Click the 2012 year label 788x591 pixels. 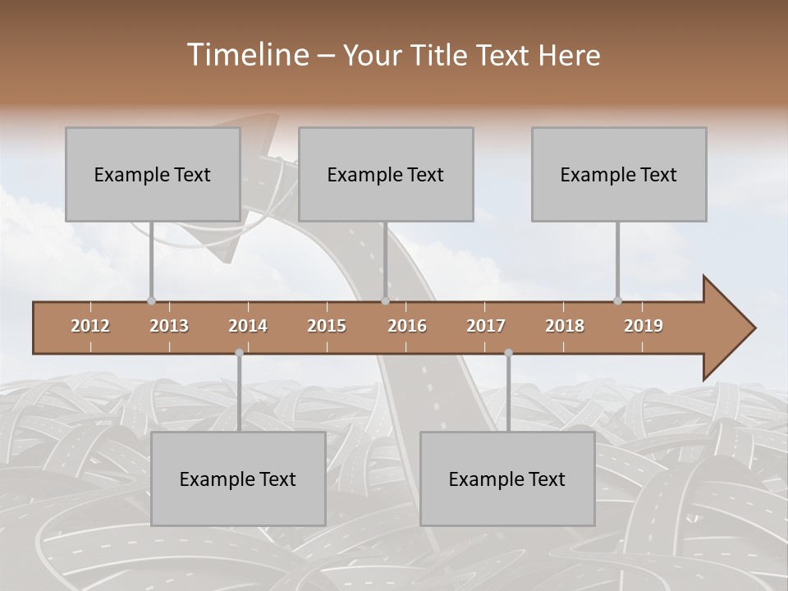point(90,326)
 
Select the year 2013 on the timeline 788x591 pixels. point(169,326)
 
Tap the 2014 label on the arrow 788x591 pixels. point(248,326)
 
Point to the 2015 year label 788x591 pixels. point(327,326)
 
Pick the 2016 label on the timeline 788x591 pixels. point(407,326)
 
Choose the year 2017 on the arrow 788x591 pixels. point(486,326)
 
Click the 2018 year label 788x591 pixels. point(565,326)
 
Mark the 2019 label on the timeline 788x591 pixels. point(644,326)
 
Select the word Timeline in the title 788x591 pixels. point(246,55)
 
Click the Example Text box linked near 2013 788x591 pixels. point(153,174)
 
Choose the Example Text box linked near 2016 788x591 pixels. point(386,174)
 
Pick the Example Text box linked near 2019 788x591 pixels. point(619,174)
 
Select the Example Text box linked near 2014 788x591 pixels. point(238,479)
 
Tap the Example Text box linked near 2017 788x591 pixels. point(507,479)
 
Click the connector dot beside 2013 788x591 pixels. point(151,300)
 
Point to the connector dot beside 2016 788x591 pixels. point(385,300)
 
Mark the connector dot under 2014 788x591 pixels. point(239,352)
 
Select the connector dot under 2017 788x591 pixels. point(508,352)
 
